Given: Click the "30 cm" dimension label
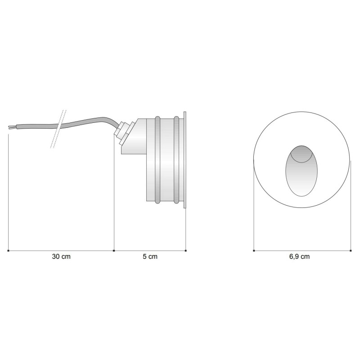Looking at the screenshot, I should tap(61, 257).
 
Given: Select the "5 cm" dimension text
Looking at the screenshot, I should tap(150, 257).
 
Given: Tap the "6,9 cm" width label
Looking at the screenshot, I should tap(299, 257).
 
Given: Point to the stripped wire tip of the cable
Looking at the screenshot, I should tap(10, 128).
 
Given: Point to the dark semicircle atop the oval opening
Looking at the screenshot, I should tap(301, 153).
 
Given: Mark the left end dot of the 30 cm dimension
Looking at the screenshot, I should tap(9, 250).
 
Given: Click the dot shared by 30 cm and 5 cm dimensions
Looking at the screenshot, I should tap(114, 250).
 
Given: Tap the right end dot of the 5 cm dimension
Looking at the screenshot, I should tap(186, 250).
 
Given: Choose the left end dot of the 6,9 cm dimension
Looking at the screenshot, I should tap(254, 250).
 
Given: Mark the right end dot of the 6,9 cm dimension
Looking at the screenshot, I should tap(351, 250).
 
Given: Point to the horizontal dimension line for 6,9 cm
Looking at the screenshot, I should tap(301, 250).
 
